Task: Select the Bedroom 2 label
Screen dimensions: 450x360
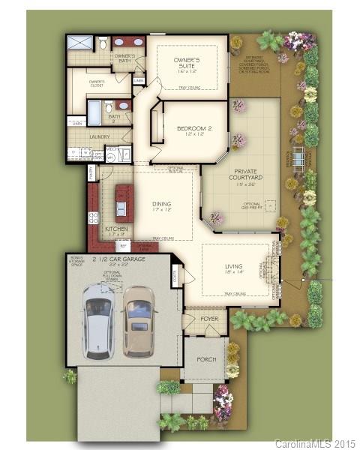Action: click(193, 131)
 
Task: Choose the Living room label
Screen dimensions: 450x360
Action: click(234, 268)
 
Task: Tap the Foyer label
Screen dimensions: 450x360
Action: click(209, 319)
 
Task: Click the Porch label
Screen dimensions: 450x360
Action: click(206, 359)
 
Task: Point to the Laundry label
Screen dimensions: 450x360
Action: click(99, 137)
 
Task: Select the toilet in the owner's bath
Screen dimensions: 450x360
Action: click(103, 43)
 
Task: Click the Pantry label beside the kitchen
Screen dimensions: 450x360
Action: click(91, 174)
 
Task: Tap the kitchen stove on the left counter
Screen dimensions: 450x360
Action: click(94, 218)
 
